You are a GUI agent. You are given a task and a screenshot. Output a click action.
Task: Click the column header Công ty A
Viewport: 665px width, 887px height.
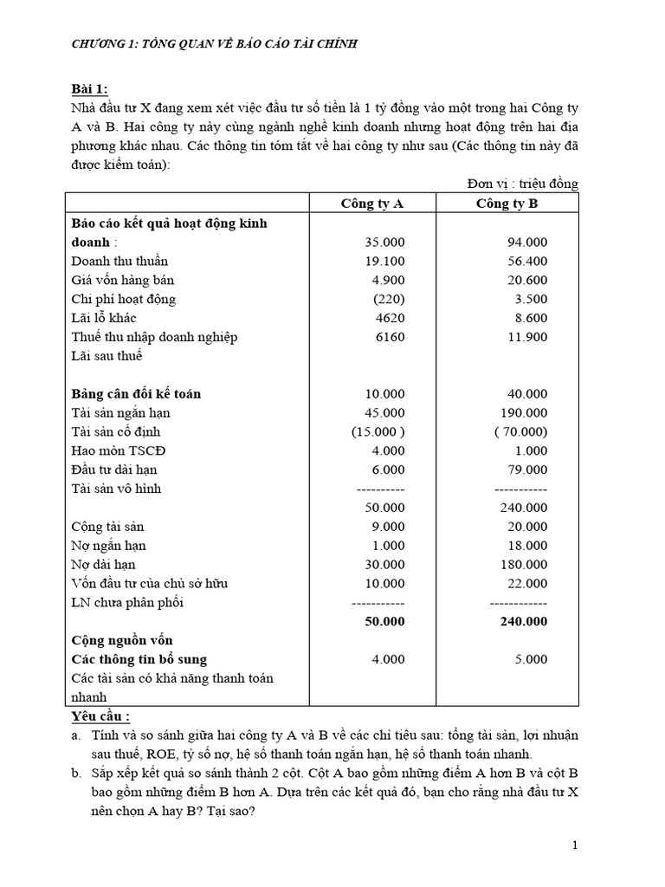click(x=372, y=204)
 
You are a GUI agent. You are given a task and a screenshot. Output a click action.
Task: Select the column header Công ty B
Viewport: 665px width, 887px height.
click(x=507, y=204)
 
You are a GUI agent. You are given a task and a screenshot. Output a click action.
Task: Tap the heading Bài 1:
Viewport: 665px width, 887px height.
click(x=89, y=88)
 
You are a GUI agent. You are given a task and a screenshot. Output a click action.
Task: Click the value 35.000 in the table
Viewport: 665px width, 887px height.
click(x=384, y=242)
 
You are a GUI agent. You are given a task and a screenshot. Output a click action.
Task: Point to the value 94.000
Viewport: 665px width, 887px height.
click(x=527, y=242)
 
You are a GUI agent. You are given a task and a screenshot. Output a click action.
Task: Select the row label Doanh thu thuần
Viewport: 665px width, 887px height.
click(x=119, y=261)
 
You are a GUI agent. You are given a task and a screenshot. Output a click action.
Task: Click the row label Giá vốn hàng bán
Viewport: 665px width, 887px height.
click(x=124, y=280)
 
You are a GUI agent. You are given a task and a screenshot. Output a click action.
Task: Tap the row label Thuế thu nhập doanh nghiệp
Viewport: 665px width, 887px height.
click(x=154, y=337)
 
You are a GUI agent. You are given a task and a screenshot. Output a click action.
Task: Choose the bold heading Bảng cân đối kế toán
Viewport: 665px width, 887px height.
click(x=136, y=393)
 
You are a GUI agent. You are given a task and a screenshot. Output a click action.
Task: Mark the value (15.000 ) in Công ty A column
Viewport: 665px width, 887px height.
click(x=378, y=431)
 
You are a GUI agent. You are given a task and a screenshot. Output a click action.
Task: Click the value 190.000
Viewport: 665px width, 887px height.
click(x=524, y=412)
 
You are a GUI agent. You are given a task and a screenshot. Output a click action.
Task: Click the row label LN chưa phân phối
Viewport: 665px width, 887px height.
click(x=127, y=602)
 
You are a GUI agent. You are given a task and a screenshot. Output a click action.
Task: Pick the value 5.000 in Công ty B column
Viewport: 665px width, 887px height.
click(x=531, y=659)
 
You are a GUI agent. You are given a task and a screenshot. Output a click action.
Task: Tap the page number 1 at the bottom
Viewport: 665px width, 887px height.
click(x=575, y=845)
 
